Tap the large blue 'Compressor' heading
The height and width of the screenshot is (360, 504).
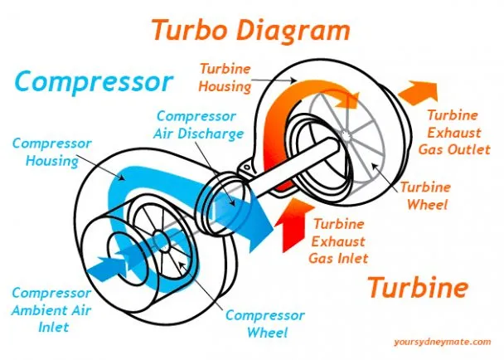click(x=94, y=81)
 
